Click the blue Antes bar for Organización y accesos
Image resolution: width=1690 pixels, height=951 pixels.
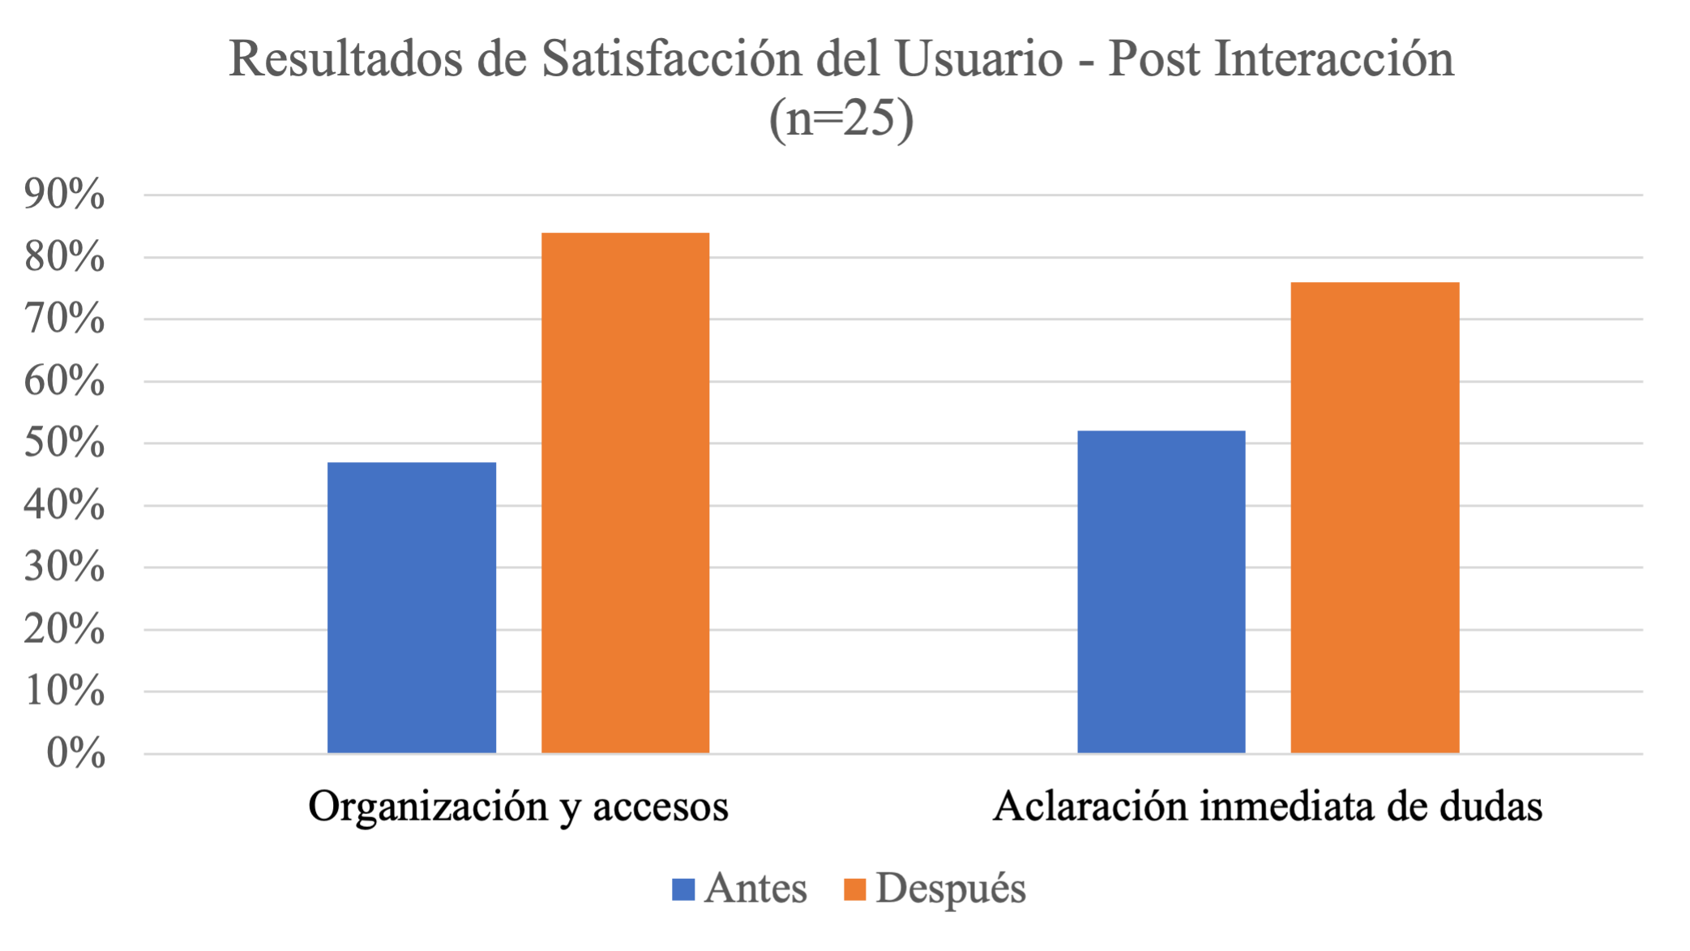point(411,608)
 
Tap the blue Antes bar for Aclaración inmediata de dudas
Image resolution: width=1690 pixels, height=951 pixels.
point(1161,592)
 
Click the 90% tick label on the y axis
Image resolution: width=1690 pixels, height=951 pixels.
point(64,195)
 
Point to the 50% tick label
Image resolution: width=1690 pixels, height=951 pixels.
point(64,443)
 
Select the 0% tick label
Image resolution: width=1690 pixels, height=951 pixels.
point(75,753)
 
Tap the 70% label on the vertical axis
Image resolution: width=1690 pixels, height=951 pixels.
point(64,319)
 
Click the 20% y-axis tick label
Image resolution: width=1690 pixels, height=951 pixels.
point(64,629)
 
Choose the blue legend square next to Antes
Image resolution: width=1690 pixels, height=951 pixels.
point(683,889)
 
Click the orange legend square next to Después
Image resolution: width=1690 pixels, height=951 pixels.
point(854,889)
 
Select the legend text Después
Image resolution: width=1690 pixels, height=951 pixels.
point(950,889)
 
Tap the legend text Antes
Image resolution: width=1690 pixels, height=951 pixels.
point(755,889)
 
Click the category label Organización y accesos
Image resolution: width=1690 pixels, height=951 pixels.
point(518,807)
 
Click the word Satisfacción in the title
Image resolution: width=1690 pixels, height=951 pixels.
point(672,59)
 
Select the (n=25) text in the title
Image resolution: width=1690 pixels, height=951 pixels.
point(841,118)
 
